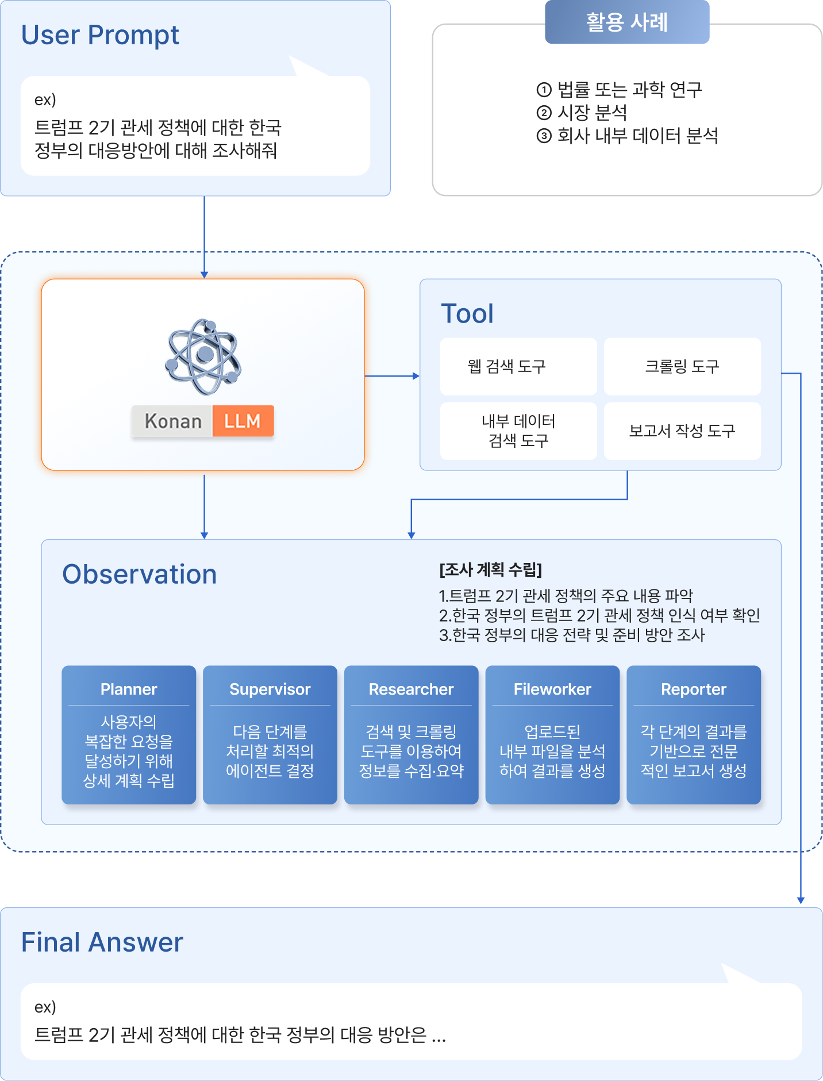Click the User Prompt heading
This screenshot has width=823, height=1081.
(x=100, y=36)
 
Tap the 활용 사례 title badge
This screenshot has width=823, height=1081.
(x=627, y=22)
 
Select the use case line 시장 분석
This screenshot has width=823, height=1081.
(x=582, y=112)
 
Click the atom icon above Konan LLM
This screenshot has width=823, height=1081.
(x=203, y=356)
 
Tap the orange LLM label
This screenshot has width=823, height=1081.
(x=243, y=421)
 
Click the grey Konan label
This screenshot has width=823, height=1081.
(x=172, y=421)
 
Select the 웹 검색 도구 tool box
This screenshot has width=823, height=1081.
(x=518, y=366)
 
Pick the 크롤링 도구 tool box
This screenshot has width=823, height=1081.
(x=682, y=366)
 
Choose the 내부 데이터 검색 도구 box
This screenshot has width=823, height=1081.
(x=518, y=431)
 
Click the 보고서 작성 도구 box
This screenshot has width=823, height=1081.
(x=682, y=431)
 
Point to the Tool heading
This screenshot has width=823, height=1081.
(x=467, y=314)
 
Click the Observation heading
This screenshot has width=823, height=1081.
(x=140, y=574)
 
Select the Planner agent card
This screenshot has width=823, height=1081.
(x=129, y=735)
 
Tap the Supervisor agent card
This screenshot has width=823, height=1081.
(x=270, y=735)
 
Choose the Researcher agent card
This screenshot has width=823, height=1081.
(x=411, y=735)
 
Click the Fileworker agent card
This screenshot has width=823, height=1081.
(x=552, y=735)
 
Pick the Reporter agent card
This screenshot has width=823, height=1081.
(x=694, y=735)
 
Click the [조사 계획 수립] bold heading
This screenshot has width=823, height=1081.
(x=491, y=570)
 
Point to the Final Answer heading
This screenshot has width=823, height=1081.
(x=102, y=942)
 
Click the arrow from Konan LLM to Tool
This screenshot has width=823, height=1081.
(x=392, y=376)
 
